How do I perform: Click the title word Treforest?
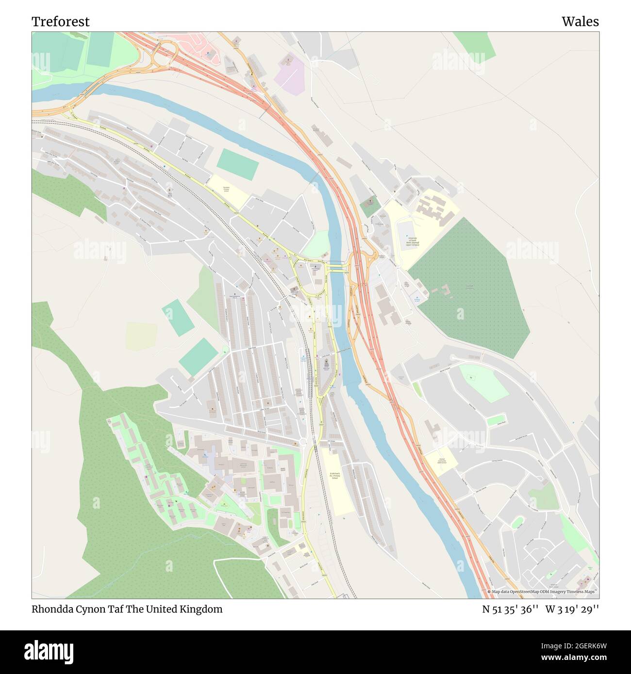click(61, 21)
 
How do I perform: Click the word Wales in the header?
click(580, 21)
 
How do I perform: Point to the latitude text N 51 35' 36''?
click(510, 609)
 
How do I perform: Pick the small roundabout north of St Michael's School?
click(303, 441)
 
